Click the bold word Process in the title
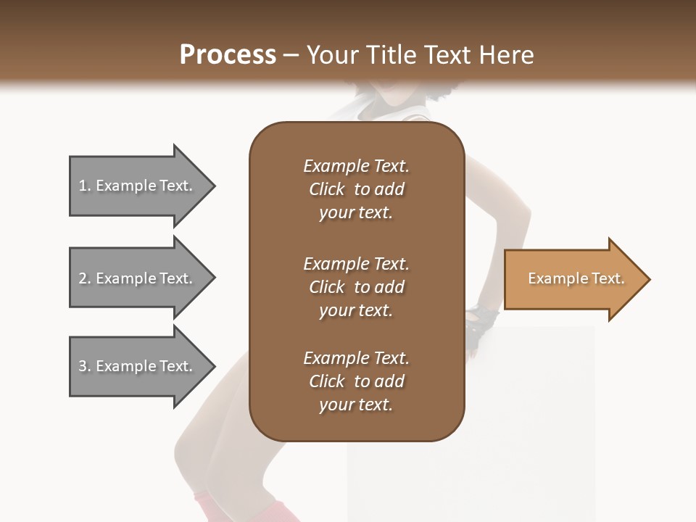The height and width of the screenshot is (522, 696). (228, 55)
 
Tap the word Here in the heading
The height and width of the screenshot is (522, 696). (507, 55)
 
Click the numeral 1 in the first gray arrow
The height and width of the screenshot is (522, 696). (83, 186)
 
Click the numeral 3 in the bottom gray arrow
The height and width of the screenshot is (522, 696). (83, 367)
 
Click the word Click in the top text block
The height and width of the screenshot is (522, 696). (326, 190)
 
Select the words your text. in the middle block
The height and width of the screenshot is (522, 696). (356, 310)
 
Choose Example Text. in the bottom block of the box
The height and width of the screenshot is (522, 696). (356, 358)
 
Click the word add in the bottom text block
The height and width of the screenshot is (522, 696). (390, 381)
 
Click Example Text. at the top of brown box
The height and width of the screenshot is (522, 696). (356, 167)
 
